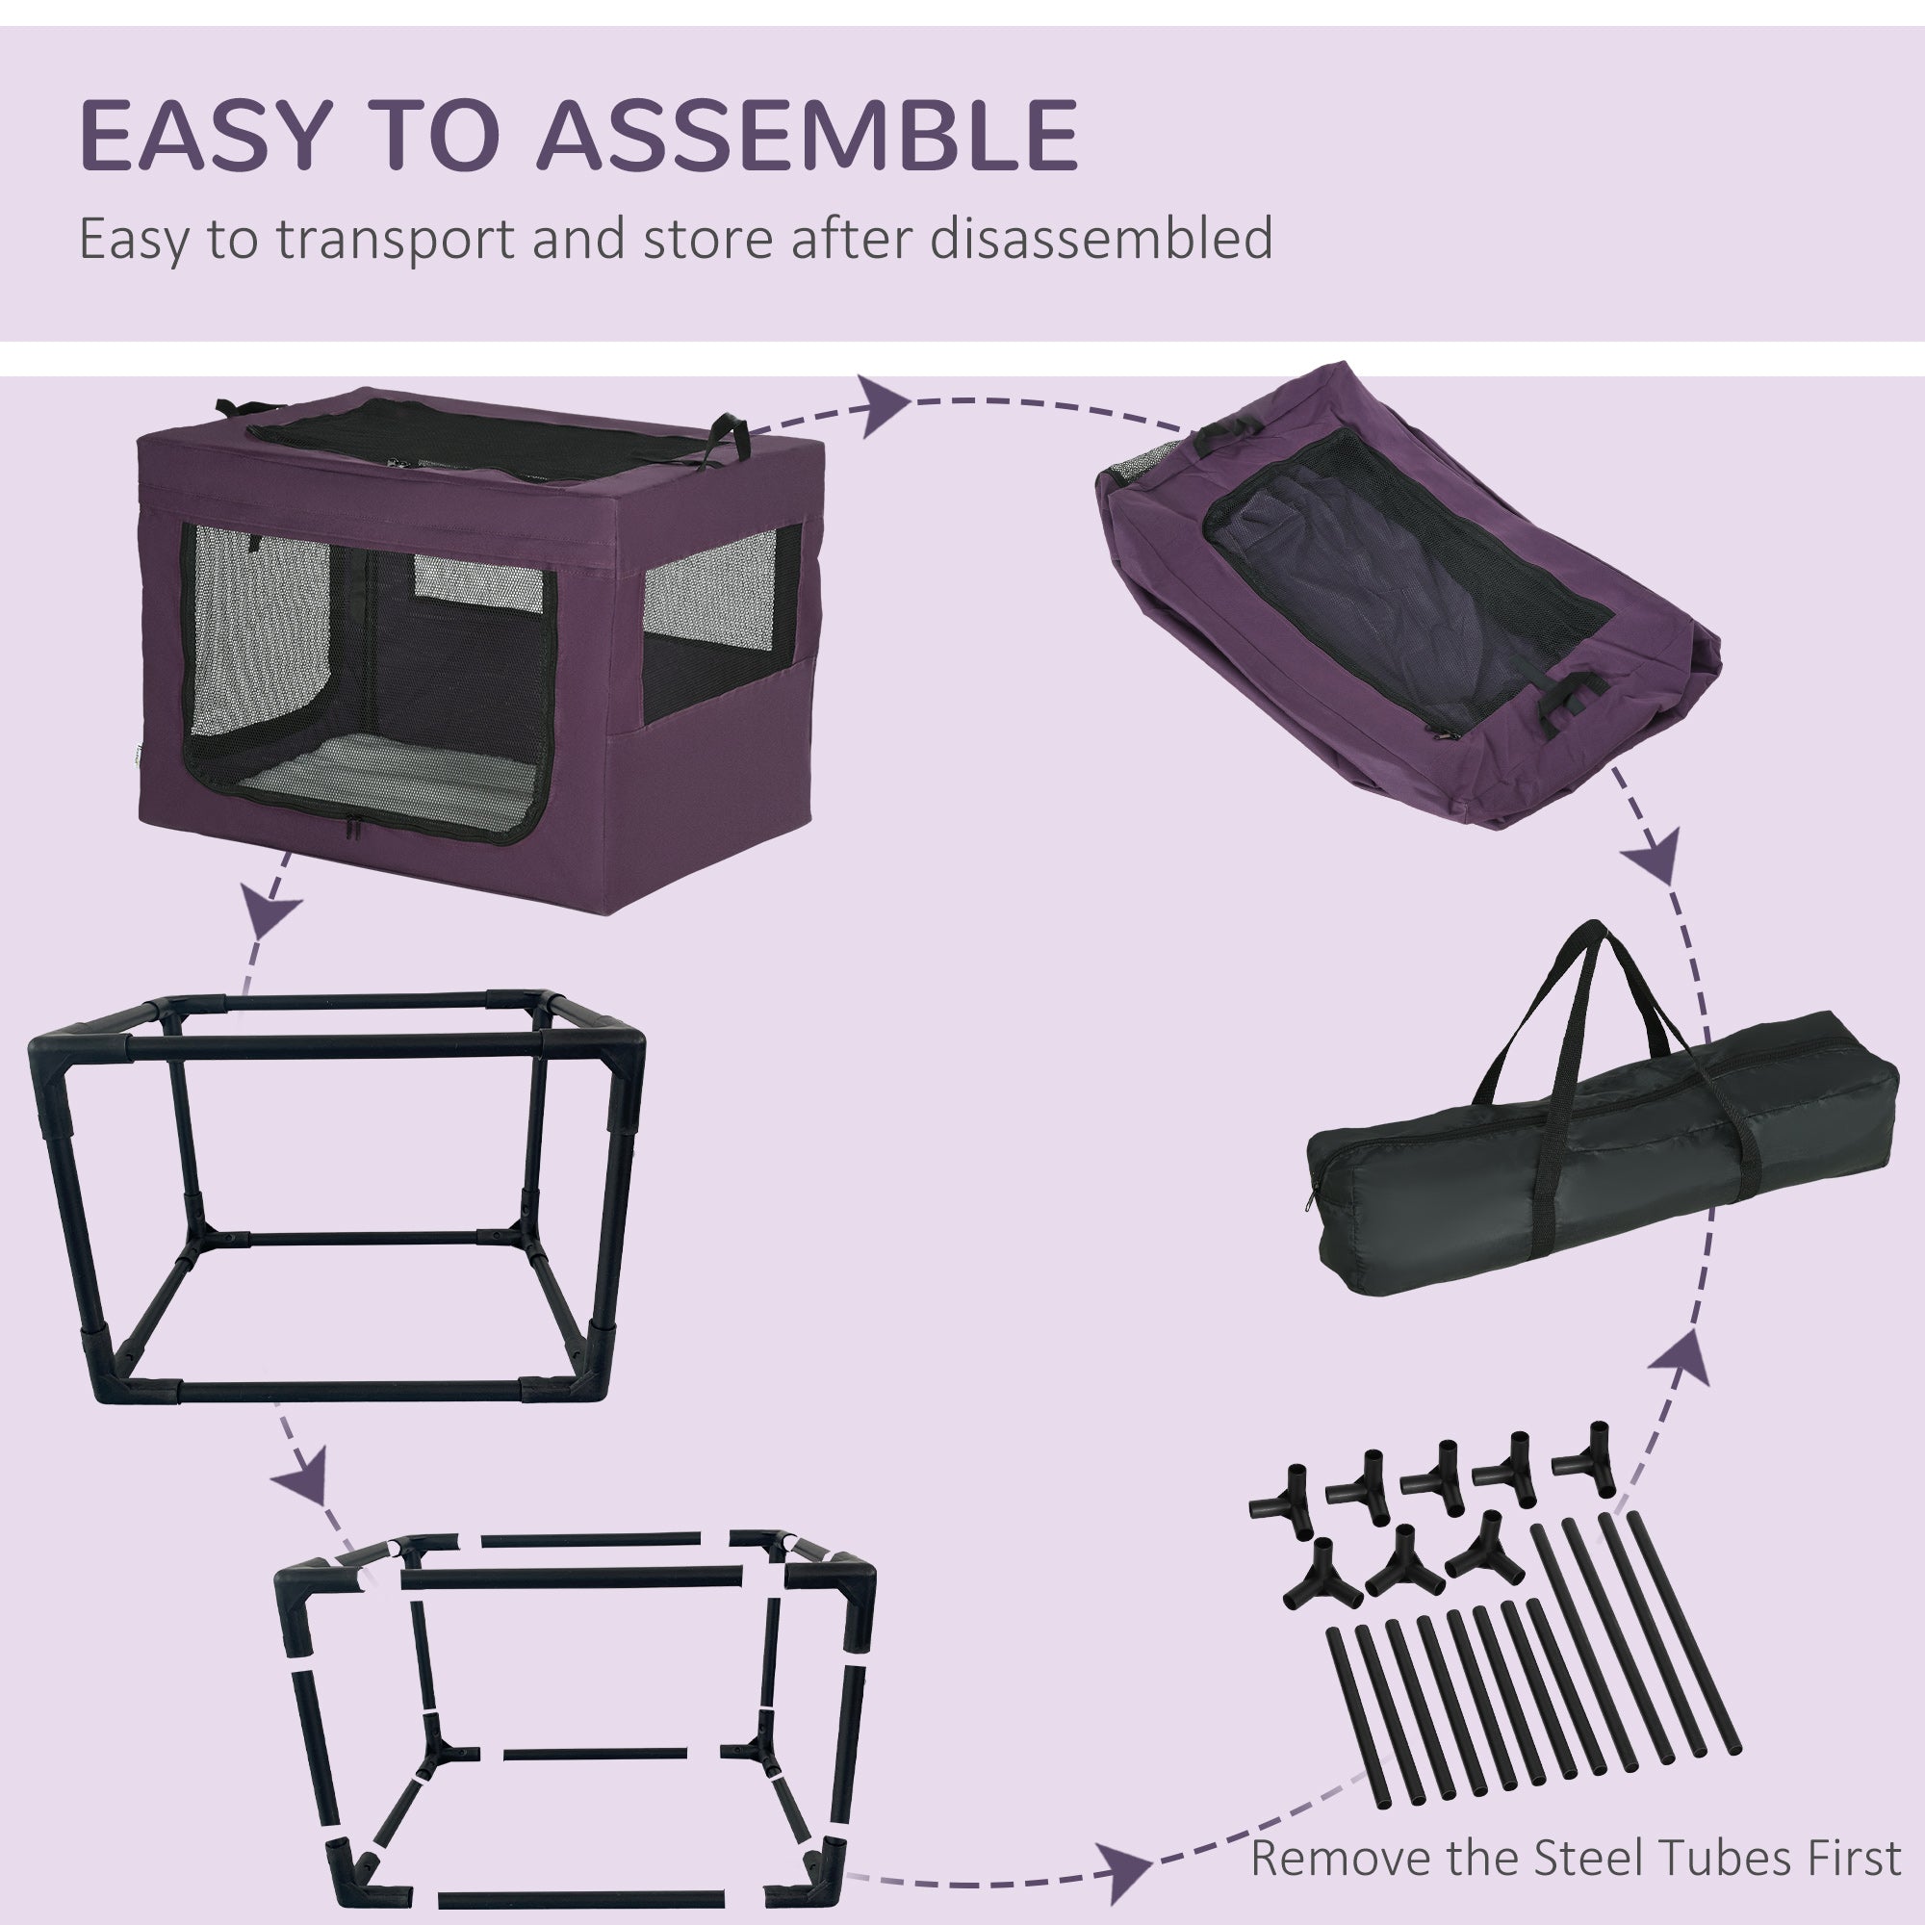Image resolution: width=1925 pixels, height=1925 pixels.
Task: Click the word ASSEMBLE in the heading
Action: [x=808, y=135]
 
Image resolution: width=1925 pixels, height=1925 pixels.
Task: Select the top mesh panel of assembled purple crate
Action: [x=478, y=438]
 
